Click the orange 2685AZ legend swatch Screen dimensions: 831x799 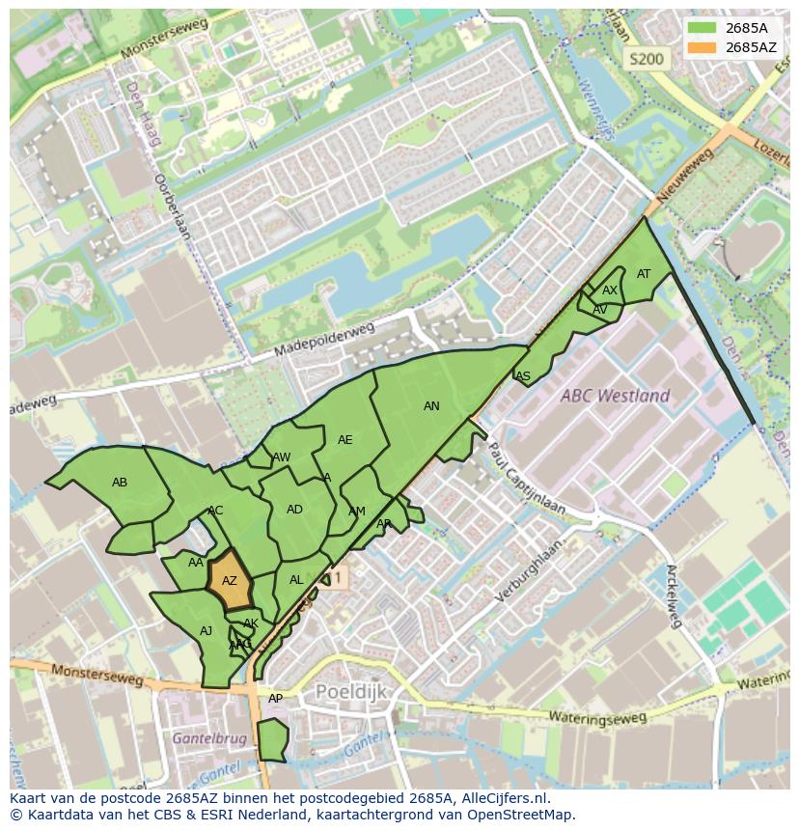pyautogui.click(x=703, y=46)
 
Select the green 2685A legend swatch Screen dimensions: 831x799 pyautogui.click(x=703, y=28)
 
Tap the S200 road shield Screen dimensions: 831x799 pyautogui.click(x=646, y=59)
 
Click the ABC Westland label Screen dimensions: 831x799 pyautogui.click(x=616, y=396)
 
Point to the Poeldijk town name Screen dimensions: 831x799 pyautogui.click(x=351, y=692)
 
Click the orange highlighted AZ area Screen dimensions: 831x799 pyautogui.click(x=230, y=581)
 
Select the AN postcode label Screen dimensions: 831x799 pyautogui.click(x=431, y=406)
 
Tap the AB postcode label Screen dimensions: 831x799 pyautogui.click(x=120, y=483)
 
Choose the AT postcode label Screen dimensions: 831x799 pyautogui.click(x=644, y=274)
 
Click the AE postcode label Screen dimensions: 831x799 pyautogui.click(x=344, y=440)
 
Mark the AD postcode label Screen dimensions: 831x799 pyautogui.click(x=294, y=510)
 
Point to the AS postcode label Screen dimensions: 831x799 pyautogui.click(x=523, y=376)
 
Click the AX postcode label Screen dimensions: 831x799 pyautogui.click(x=610, y=291)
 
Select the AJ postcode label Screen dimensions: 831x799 pyautogui.click(x=206, y=631)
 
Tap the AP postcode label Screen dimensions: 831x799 pyautogui.click(x=275, y=699)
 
